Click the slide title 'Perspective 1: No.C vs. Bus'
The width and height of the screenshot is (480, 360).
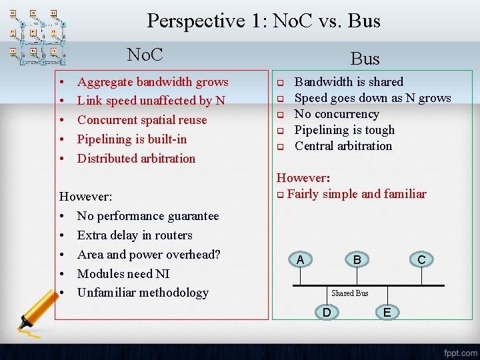(x=263, y=21)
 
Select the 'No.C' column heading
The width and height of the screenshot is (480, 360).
(x=145, y=54)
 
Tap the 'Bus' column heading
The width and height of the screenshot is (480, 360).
(x=365, y=59)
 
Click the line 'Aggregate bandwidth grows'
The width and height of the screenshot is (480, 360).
(x=153, y=82)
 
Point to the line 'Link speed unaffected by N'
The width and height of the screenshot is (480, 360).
(x=151, y=101)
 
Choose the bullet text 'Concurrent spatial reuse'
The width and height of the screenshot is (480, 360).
(x=142, y=120)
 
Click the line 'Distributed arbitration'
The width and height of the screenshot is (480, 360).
(x=136, y=159)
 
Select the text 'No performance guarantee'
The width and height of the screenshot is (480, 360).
(x=148, y=216)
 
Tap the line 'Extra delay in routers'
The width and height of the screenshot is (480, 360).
(x=135, y=235)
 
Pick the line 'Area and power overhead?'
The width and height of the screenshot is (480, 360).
(x=149, y=254)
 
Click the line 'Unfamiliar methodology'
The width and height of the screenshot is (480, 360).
(x=143, y=293)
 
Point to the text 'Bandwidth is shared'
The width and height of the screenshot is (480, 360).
(x=349, y=82)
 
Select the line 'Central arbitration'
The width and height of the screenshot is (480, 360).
(x=343, y=146)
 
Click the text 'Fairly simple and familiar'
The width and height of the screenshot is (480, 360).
(x=357, y=194)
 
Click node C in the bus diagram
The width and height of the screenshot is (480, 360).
(x=421, y=260)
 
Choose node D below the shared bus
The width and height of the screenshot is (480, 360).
(x=327, y=311)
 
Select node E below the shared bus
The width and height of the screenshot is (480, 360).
(x=387, y=311)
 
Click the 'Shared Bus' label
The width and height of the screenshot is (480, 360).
(x=349, y=293)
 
